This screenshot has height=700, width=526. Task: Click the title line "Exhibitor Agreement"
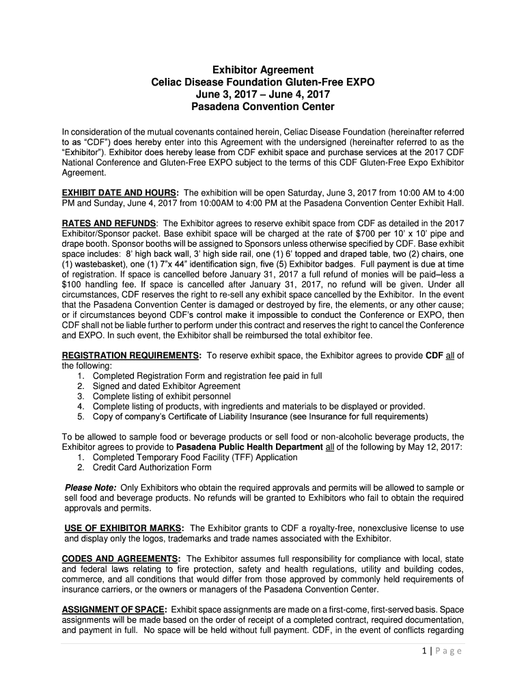262,70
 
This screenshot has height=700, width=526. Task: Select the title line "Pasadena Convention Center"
262,107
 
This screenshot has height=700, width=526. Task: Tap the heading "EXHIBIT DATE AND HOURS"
120,193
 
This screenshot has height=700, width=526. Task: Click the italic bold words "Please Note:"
90,487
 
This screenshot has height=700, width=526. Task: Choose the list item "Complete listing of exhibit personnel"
162,396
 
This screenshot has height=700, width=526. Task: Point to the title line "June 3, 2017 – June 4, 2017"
262,95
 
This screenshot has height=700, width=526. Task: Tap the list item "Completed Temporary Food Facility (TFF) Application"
195,457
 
